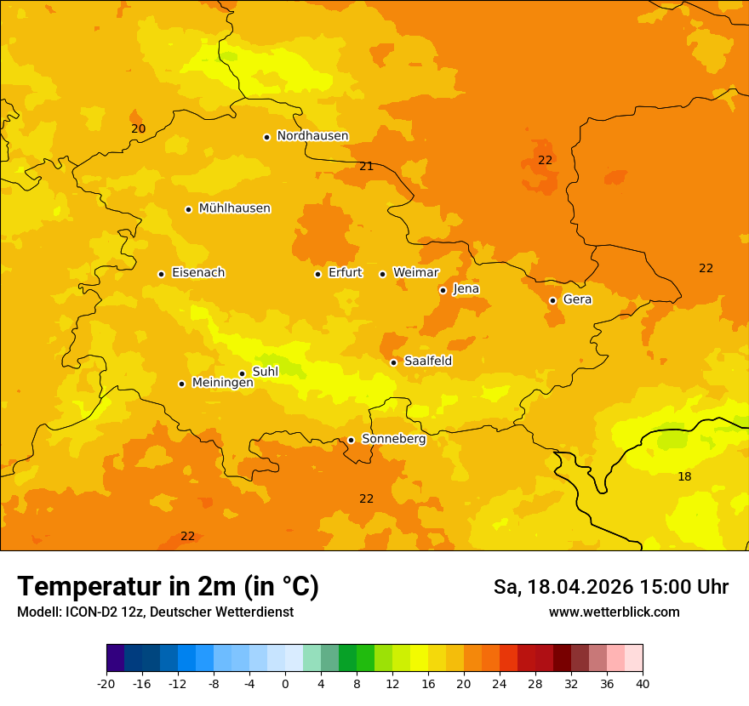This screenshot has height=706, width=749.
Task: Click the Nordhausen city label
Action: point(312,136)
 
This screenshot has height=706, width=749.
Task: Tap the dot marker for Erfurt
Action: point(317,274)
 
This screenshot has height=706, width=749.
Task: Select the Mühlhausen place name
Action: point(234,208)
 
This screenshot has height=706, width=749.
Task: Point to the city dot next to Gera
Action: point(552,300)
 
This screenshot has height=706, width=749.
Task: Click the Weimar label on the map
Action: point(415,273)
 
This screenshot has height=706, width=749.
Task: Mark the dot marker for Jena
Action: point(443,290)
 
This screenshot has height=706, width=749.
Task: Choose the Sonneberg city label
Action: point(393,439)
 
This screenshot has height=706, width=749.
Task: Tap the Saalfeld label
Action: point(427,362)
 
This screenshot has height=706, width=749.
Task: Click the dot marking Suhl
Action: point(242,373)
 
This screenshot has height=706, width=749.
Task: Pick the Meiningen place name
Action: point(222,383)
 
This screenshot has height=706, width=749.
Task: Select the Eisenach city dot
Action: point(161,274)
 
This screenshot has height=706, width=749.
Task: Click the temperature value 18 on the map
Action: point(684,476)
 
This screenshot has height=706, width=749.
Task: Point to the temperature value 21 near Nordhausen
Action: point(366,166)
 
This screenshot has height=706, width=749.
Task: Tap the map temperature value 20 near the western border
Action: point(138,128)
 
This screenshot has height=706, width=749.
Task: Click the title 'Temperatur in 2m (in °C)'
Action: point(168,587)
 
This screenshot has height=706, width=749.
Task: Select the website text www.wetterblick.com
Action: point(614,612)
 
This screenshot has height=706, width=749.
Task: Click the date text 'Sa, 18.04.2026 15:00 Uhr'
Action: point(610,587)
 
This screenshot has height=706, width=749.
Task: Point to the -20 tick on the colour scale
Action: point(106,683)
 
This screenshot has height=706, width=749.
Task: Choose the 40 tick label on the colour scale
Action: point(643,683)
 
